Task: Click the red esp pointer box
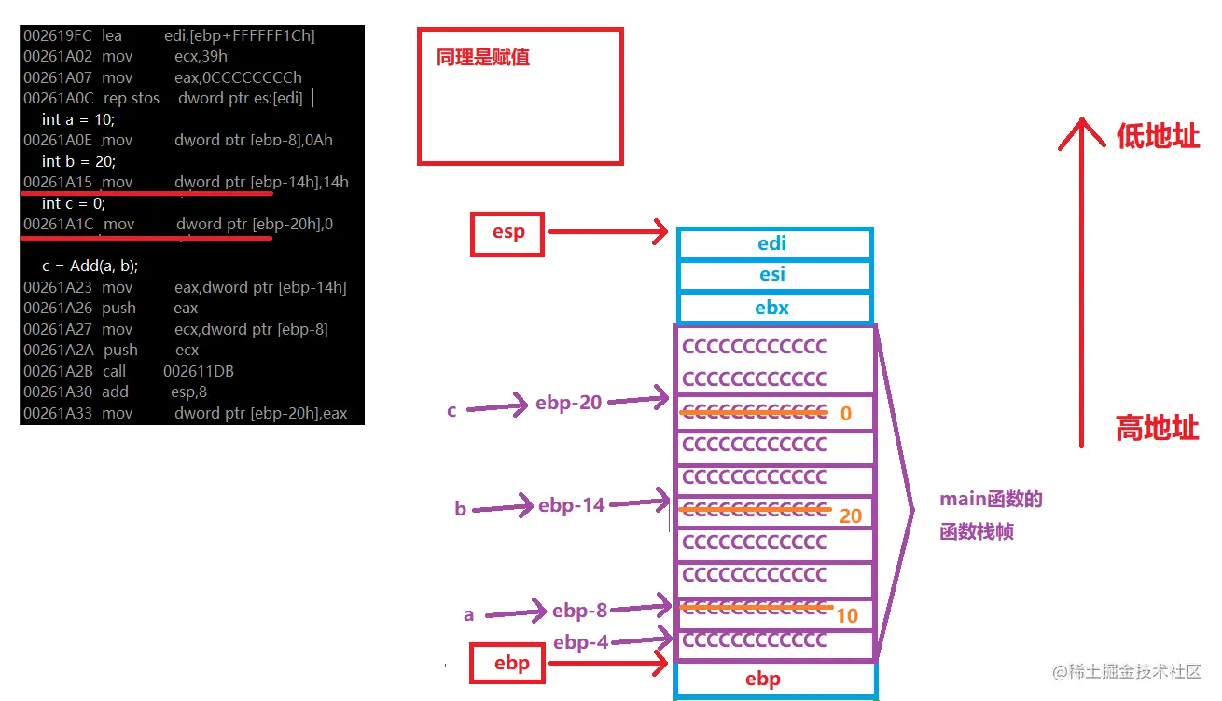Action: coord(507,232)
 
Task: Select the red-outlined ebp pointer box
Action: coord(511,663)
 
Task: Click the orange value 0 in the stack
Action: coord(846,413)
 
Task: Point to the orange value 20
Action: coord(850,515)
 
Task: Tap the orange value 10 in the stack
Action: coord(847,615)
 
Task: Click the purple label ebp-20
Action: coord(568,403)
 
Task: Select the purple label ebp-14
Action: coord(572,505)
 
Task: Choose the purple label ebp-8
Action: coord(579,611)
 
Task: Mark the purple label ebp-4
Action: coord(580,642)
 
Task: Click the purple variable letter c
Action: coord(451,410)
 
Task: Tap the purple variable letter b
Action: coord(460,509)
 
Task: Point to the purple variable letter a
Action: coord(469,615)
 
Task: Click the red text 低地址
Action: coord(1158,137)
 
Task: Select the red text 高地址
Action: coord(1157,429)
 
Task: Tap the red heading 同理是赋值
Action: coord(483,58)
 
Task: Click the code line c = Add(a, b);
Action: coord(90,266)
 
